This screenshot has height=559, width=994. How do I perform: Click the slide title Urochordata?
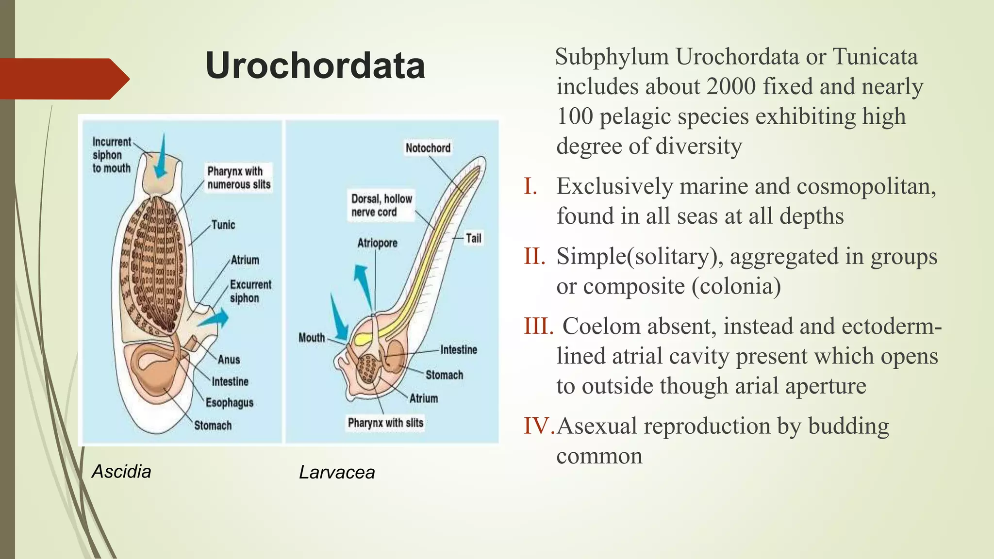[315, 66]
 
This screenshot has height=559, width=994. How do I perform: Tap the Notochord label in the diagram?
[428, 148]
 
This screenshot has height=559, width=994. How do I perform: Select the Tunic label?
[223, 225]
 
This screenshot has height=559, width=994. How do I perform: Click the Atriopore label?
[377, 243]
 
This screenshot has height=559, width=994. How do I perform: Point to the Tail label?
[473, 238]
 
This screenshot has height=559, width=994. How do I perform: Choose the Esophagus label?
[229, 403]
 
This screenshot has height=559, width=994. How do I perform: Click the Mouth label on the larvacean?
[312, 338]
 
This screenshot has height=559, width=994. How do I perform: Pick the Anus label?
[229, 360]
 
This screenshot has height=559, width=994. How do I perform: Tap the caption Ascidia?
[121, 472]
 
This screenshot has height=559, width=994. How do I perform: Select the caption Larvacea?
[337, 473]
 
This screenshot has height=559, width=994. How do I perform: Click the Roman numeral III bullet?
[538, 327]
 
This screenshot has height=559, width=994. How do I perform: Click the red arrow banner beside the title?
[63, 79]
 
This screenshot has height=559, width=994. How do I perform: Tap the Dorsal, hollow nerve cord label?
[381, 206]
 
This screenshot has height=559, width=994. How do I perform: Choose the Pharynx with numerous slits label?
[238, 178]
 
